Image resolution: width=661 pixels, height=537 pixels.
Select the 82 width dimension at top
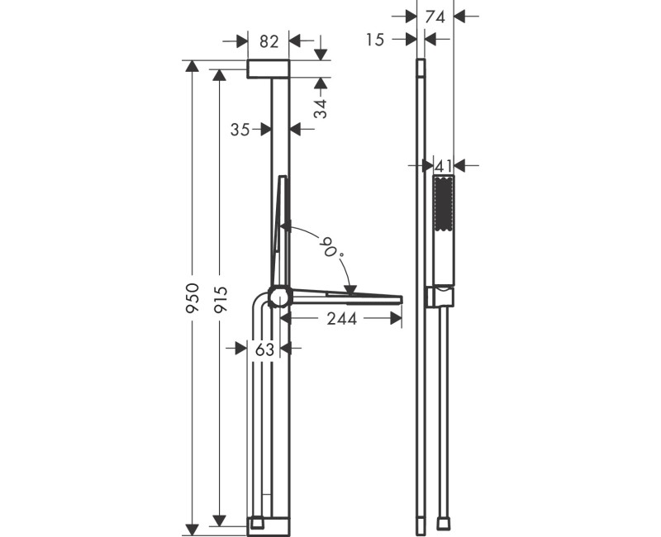pos(269,41)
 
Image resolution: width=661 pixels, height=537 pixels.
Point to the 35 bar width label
pos(240,129)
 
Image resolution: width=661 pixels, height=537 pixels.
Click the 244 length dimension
pos(340,318)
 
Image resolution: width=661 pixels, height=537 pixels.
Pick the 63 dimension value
pos(264,349)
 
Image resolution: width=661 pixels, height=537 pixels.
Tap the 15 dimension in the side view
pos(376,39)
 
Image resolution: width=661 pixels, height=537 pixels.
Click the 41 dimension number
pos(445,165)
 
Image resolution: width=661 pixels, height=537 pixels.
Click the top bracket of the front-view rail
pos(269,69)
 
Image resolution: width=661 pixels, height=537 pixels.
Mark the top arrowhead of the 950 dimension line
pos(193,66)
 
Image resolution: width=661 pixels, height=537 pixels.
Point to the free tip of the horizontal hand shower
pos(399,297)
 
